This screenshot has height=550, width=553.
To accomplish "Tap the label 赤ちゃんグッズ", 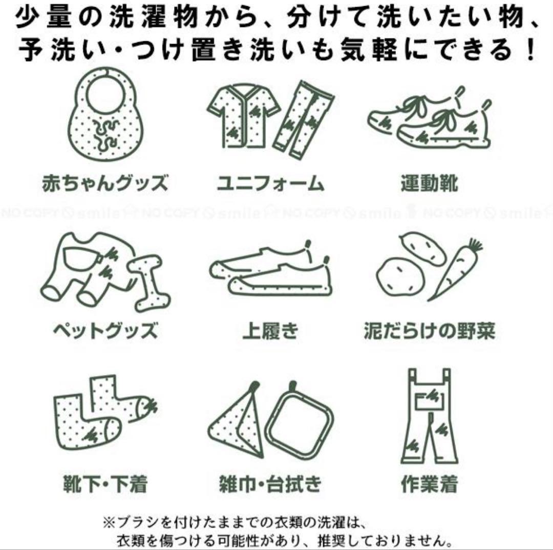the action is (105, 183).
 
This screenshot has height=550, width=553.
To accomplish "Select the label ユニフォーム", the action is (270, 184).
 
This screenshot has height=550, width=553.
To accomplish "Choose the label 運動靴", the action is (430, 183).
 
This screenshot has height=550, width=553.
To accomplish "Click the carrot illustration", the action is (456, 270).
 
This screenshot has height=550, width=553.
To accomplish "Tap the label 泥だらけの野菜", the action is (430, 331).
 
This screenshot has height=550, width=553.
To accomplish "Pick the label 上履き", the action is (270, 331).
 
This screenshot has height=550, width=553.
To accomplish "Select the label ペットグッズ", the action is (105, 331).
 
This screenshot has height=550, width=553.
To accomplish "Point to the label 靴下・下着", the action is (105, 483).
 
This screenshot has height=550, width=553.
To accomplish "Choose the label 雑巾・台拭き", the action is (270, 483).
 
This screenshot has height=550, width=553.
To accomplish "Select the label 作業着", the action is (430, 483).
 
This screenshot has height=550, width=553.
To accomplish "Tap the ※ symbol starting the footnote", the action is (108, 522).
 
